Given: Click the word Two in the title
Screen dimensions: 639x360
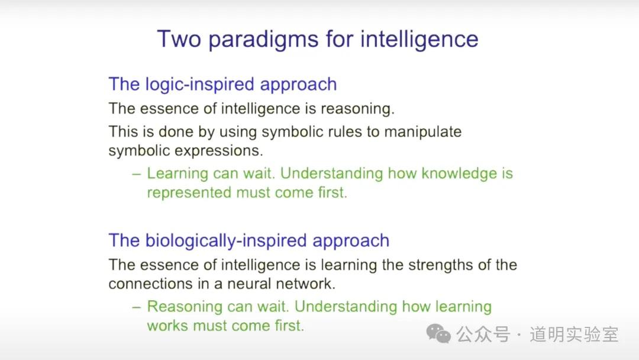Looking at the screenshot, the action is coord(179,39).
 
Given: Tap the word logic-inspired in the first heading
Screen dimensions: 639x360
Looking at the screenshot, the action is coord(200,85).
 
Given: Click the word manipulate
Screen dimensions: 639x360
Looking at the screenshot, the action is coord(423,131).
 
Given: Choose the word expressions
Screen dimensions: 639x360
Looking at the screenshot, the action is coord(220,151).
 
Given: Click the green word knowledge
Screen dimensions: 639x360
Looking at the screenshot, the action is coord(459,173).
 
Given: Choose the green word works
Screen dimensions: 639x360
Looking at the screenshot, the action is coord(167,326).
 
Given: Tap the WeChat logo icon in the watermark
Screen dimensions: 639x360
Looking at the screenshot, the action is coord(438,333).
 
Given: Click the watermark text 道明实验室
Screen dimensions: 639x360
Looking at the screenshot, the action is coord(574,335).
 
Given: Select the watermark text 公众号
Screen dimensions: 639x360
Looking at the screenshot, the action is coord(483,335).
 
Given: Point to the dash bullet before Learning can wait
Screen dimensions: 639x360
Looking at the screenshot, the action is coord(137,175).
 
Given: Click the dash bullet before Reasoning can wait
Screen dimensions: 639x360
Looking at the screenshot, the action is coord(137,307).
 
